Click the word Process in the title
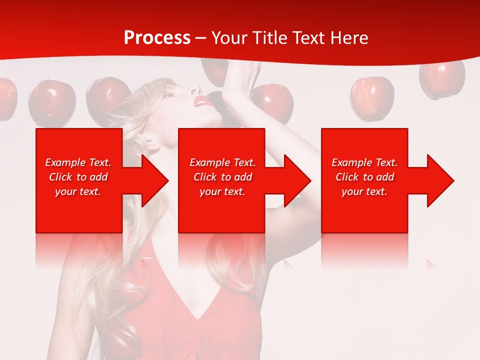(157, 38)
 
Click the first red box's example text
(78, 177)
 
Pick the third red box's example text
(364, 177)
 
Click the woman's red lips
(202, 101)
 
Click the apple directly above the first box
(51, 102)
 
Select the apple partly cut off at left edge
(7, 99)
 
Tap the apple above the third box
(372, 97)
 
